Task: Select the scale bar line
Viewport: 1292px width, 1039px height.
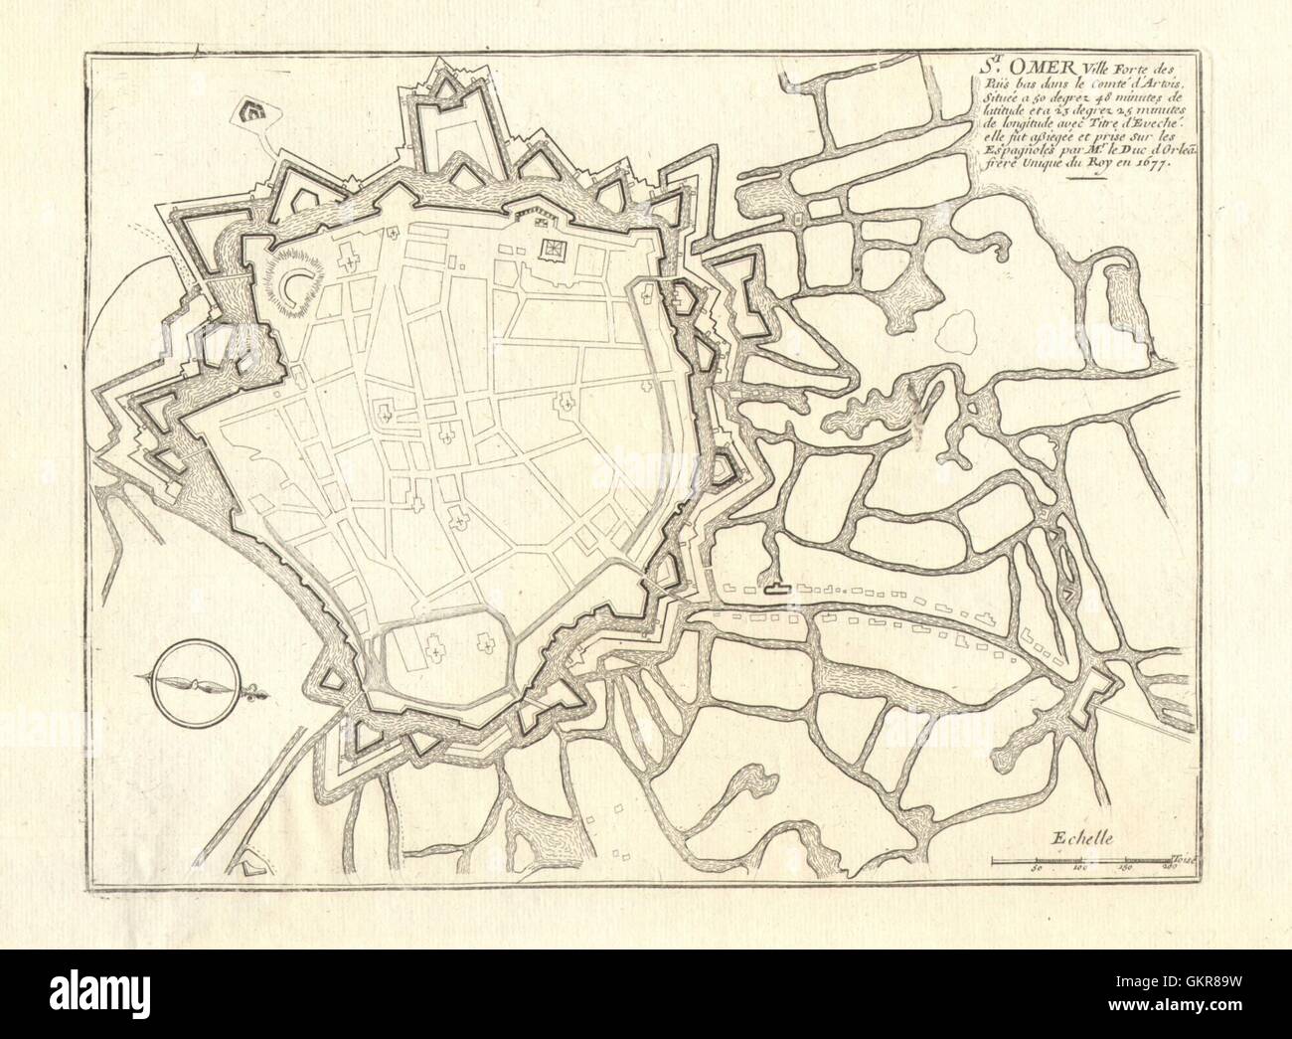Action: point(1083,858)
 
